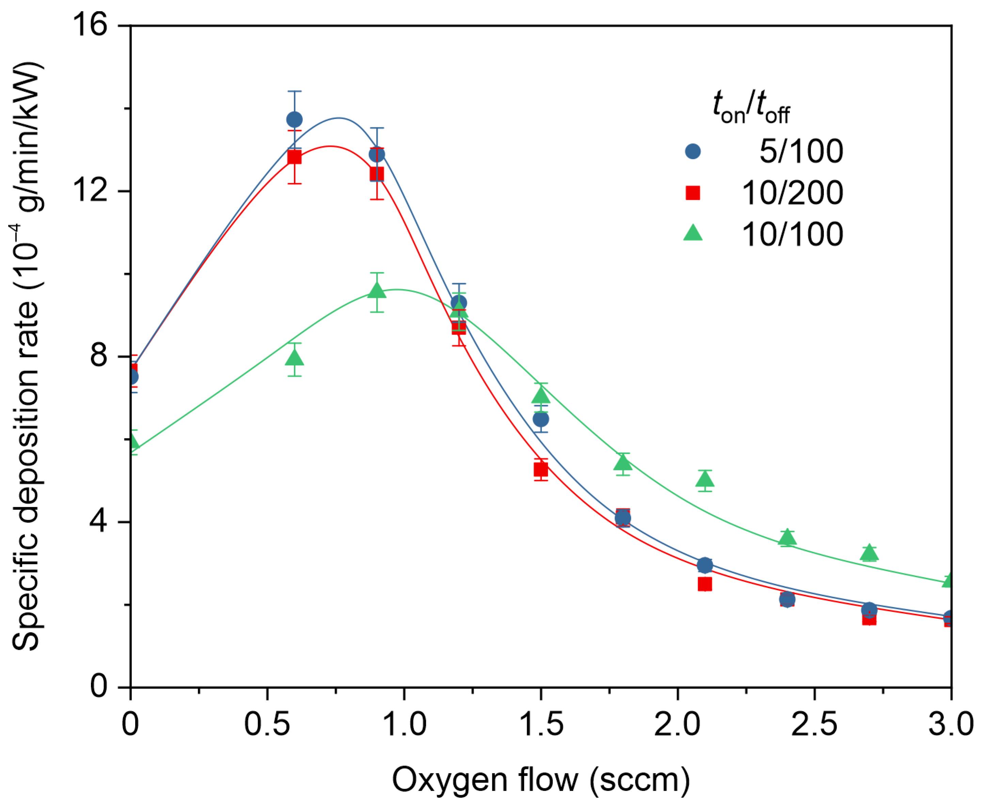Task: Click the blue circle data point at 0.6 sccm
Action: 294,119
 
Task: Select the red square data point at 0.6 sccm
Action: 294,157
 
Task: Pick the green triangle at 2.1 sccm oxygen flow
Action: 705,479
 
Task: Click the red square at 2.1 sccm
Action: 705,584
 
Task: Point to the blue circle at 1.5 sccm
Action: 541,419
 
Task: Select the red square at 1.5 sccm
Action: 541,470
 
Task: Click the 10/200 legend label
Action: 792,193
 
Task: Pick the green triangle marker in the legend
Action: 693,233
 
